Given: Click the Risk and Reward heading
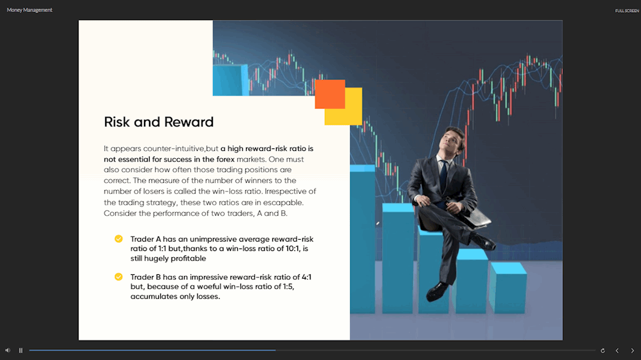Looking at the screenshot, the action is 158,122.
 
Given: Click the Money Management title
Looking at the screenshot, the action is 29,10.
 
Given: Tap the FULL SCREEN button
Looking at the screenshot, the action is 627,11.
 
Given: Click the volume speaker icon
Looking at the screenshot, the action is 8,350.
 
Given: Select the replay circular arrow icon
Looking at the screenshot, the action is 603,351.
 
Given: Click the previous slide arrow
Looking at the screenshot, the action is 617,351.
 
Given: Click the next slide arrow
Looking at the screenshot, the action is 632,351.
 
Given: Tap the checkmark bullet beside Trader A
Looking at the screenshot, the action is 118,239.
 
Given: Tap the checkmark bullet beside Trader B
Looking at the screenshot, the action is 118,277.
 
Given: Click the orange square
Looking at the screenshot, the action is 330,94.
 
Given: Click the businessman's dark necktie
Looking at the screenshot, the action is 444,176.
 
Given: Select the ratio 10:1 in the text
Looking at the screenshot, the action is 294,249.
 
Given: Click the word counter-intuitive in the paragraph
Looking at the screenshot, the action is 174,148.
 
